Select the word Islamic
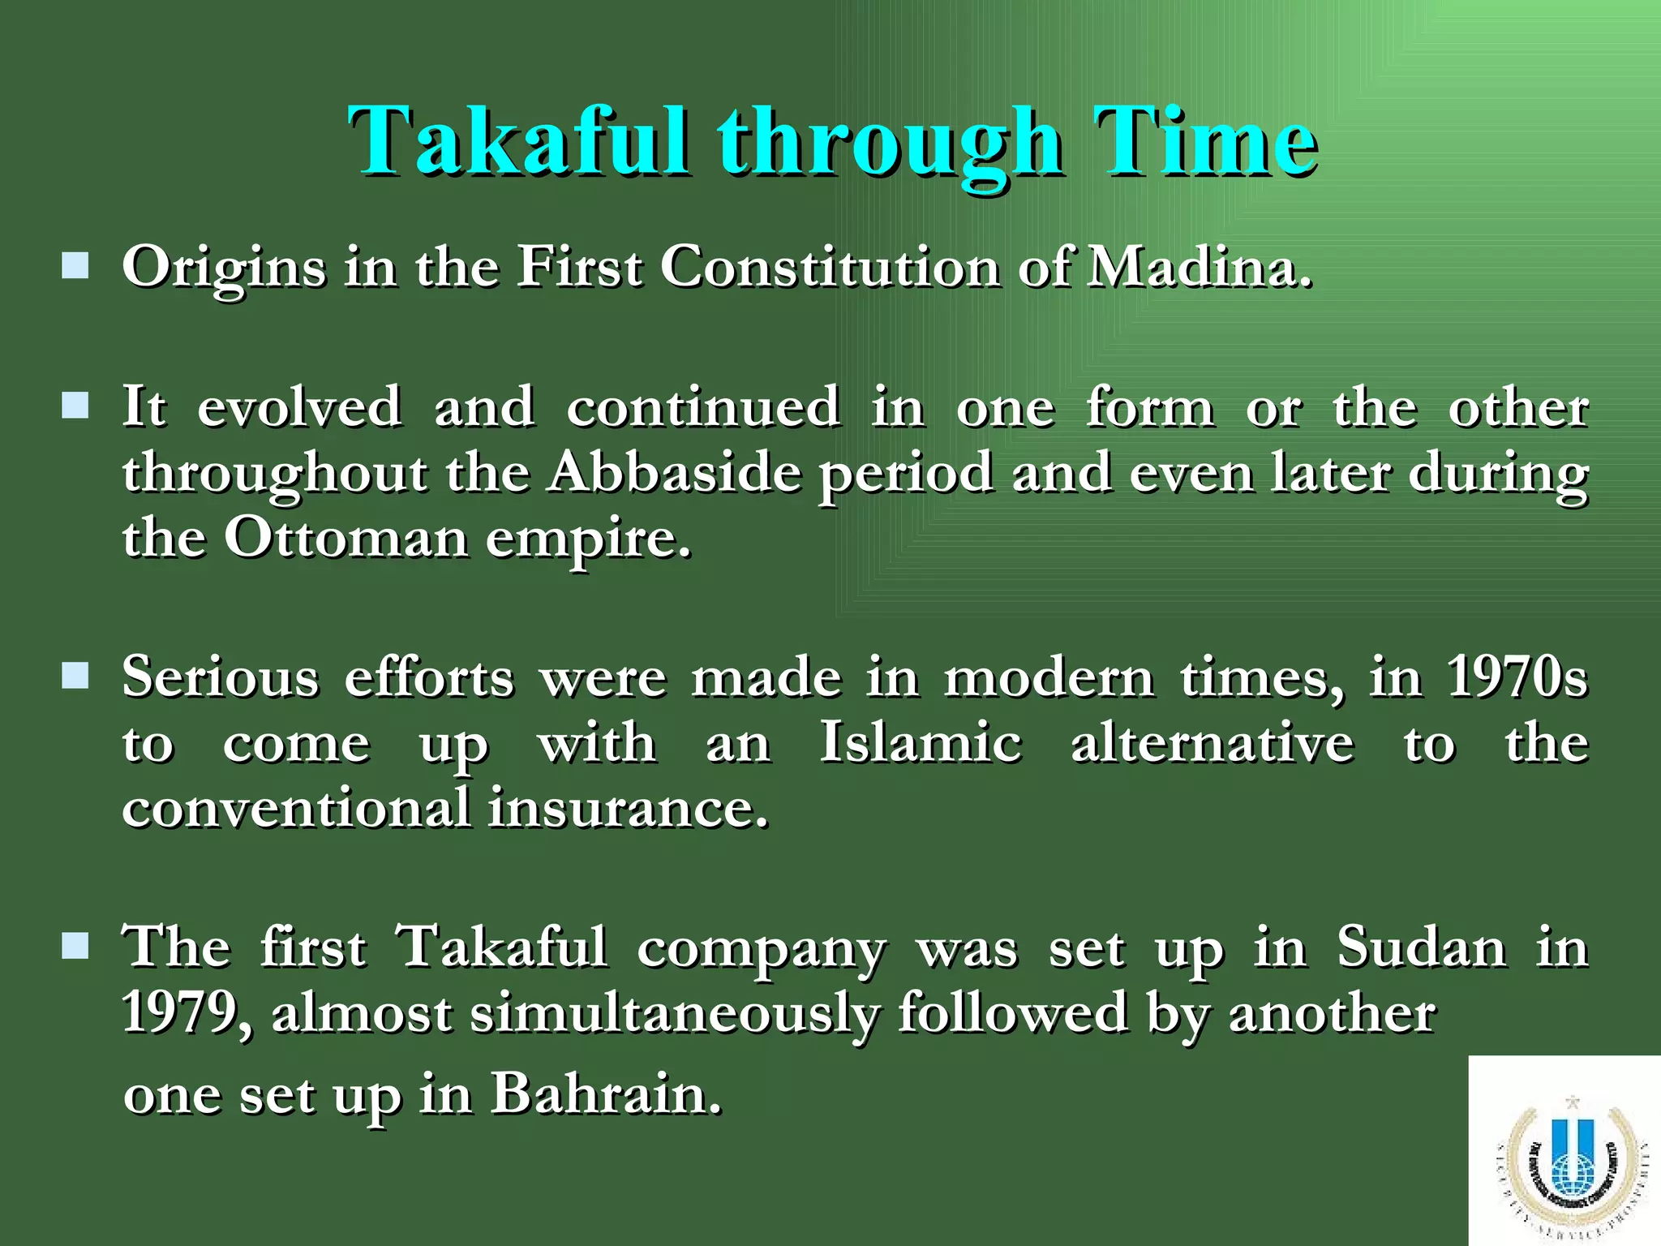click(921, 742)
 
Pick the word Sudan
click(1421, 947)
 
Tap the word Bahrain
click(606, 1094)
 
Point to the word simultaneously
click(675, 1014)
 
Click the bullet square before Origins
click(75, 265)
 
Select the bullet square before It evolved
click(75, 405)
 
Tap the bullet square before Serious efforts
click(75, 675)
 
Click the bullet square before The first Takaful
click(75, 945)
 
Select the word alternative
click(1212, 742)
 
